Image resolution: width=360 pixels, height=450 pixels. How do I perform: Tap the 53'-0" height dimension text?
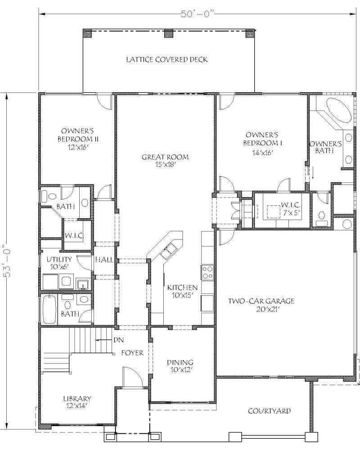[x=6, y=267]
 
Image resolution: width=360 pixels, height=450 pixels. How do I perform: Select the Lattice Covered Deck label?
[x=166, y=59]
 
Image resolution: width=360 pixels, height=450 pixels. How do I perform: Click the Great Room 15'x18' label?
[x=165, y=161]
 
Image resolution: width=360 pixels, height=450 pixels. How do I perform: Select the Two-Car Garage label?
[x=261, y=305]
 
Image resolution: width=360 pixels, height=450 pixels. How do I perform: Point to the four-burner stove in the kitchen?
[x=207, y=272]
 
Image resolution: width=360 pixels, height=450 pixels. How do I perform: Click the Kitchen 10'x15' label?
[x=182, y=292]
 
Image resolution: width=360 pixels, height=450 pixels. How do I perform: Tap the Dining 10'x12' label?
[x=180, y=366]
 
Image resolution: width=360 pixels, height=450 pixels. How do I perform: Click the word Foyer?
[x=132, y=353]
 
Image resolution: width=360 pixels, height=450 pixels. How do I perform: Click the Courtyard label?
[x=269, y=411]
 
